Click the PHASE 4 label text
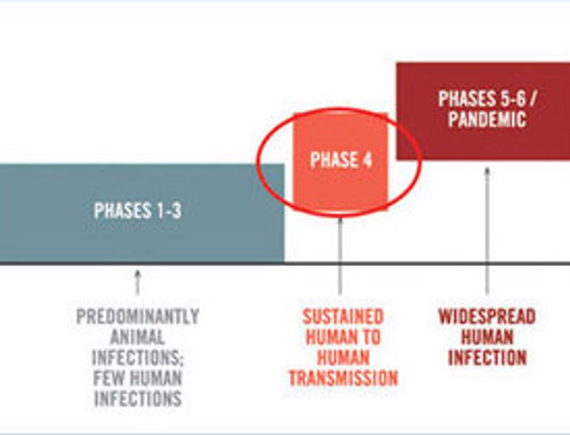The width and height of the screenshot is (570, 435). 341,160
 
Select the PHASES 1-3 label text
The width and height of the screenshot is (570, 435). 137,211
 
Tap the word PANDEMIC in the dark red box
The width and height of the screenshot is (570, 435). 487,120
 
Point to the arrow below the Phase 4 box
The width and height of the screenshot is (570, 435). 340,256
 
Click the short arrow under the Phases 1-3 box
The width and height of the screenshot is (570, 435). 137,281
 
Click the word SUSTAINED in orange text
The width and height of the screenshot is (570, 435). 343,317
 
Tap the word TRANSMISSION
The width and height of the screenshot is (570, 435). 343,379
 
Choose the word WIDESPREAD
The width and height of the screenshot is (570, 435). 487,317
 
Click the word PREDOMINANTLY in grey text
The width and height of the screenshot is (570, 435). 138,317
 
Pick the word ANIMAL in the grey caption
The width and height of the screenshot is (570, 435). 137,337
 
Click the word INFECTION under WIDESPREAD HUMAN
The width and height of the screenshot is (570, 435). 487,358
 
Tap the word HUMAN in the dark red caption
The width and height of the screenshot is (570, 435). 487,337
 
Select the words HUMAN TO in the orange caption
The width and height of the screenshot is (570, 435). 343,337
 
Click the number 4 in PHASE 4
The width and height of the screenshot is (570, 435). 366,160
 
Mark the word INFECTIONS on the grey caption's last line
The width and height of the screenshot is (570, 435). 137,399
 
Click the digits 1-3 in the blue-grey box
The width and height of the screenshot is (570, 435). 168,211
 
